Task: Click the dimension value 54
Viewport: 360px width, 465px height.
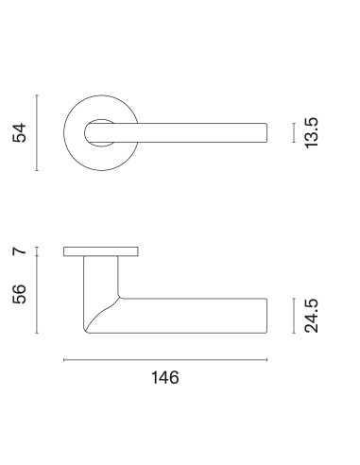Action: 19,133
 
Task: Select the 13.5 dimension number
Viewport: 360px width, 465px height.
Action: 312,133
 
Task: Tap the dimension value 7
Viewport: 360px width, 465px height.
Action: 19,251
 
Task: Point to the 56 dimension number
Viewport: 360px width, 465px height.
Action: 19,294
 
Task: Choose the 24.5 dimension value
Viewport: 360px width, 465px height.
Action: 312,316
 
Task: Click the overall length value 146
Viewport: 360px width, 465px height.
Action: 165,377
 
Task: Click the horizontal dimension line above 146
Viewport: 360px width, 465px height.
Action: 165,360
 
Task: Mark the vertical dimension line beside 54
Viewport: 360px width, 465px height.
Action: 37,132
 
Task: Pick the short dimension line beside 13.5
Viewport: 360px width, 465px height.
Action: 294,132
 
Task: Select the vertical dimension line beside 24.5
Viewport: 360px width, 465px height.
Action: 294,316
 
